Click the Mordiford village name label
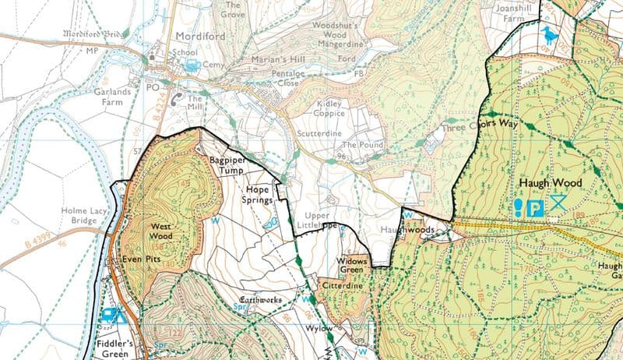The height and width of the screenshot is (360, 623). (195, 36)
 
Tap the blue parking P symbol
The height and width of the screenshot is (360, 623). (536, 207)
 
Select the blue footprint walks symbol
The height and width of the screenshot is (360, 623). (519, 207)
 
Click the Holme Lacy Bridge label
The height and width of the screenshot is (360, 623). (78, 214)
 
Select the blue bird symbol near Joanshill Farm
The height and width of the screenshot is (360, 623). (551, 35)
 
